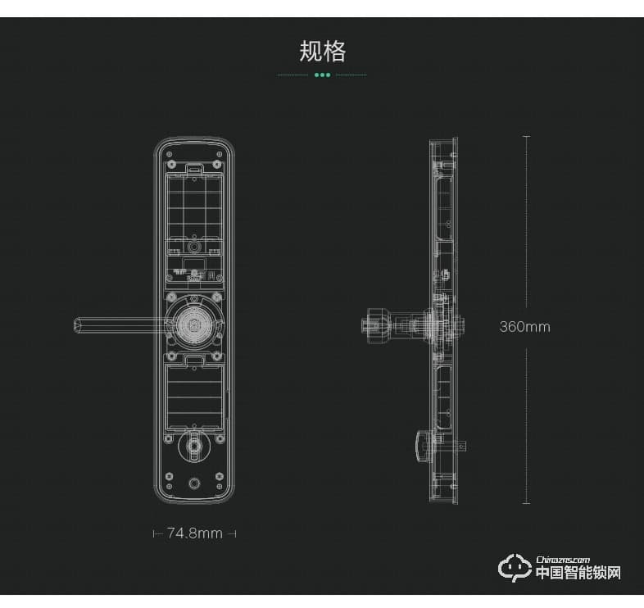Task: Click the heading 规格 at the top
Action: (323, 52)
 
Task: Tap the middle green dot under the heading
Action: (323, 75)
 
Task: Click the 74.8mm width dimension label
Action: (195, 533)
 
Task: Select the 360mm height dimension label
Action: (525, 327)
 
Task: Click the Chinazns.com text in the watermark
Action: (563, 560)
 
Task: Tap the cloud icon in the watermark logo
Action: (515, 568)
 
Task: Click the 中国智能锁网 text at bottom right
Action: (578, 573)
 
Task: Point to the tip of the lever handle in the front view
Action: (75, 325)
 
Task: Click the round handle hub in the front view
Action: (193, 325)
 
